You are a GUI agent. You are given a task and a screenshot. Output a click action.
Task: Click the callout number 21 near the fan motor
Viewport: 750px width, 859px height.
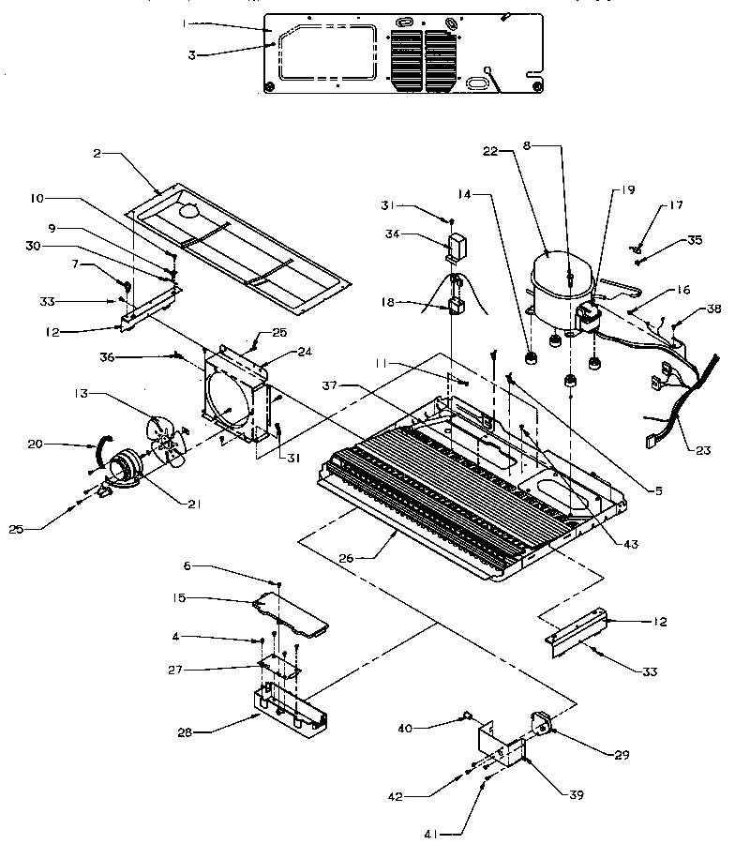(x=195, y=504)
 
